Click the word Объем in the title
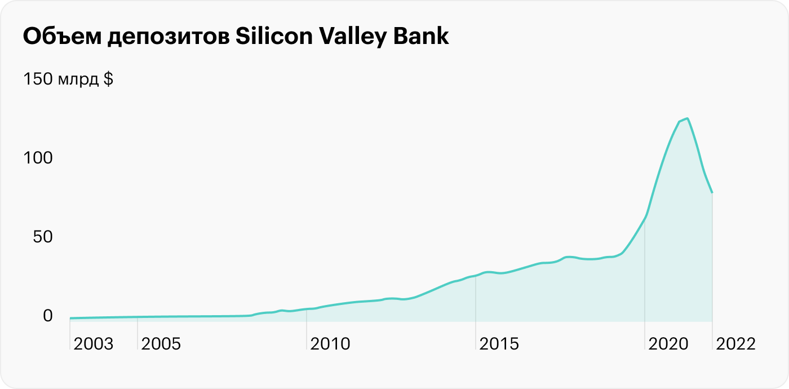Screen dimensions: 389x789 pyautogui.click(x=57, y=37)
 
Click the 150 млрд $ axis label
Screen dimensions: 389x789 pyautogui.click(x=68, y=79)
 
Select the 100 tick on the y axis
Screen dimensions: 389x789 pyautogui.click(x=37, y=158)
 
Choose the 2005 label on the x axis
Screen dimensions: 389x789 pyautogui.click(x=161, y=344)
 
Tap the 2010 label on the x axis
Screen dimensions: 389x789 pyautogui.click(x=330, y=344)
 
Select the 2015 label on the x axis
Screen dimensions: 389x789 pyautogui.click(x=499, y=344)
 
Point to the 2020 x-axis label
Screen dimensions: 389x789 pyautogui.click(x=668, y=344)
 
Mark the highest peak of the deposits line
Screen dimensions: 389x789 pyautogui.click(x=688, y=118)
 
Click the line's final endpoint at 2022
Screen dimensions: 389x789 pyautogui.click(x=712, y=193)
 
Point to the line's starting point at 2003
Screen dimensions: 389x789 pyautogui.click(x=70, y=318)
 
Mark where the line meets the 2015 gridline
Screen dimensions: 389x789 pyautogui.click(x=476, y=276)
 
